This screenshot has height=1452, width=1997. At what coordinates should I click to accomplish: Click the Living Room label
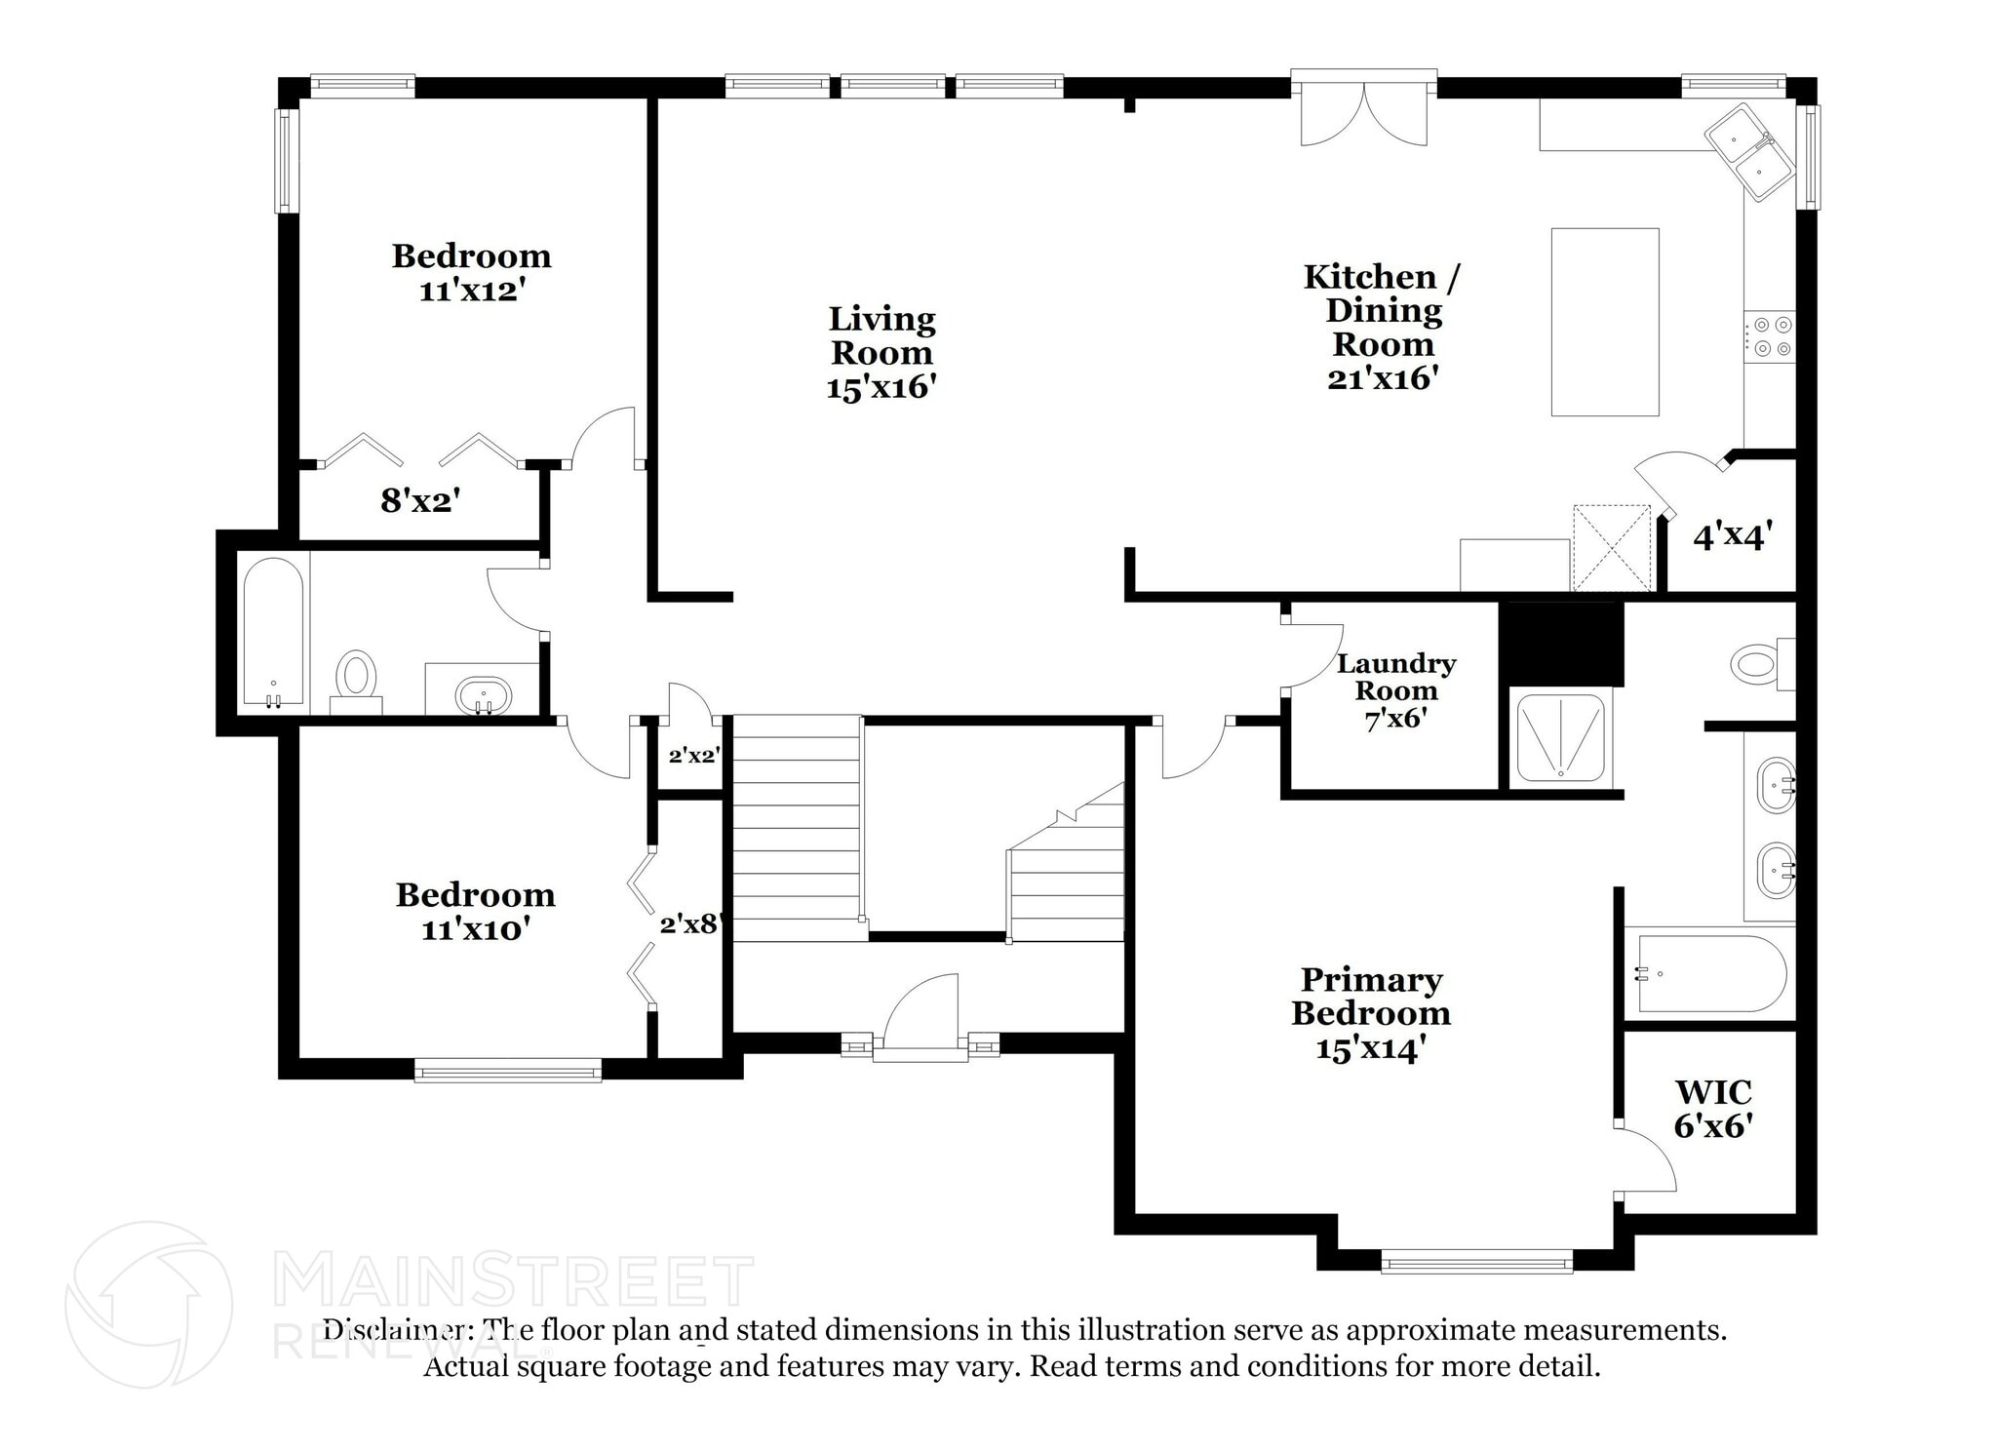click(881, 335)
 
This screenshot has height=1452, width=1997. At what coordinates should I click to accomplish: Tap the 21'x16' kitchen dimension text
click(1383, 378)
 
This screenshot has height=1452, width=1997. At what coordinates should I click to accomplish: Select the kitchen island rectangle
click(1604, 322)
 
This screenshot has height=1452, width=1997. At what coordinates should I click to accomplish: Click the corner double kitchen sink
click(1750, 151)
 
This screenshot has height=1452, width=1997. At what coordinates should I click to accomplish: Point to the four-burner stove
click(1769, 335)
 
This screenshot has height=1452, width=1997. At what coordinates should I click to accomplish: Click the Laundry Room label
click(1395, 677)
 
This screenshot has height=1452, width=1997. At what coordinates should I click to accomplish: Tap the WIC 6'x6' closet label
click(1713, 1109)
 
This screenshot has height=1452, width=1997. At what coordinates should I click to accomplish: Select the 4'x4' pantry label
click(1732, 536)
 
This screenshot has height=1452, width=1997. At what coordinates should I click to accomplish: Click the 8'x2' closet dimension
click(419, 501)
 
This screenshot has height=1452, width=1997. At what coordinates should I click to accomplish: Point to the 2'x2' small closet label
click(693, 755)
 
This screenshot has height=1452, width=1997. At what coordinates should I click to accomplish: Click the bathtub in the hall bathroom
click(273, 632)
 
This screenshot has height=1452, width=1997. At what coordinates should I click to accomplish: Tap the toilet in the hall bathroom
click(356, 675)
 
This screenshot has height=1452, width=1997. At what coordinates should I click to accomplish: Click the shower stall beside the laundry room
click(1557, 738)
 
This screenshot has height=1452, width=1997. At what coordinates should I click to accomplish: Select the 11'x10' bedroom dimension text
click(475, 929)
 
